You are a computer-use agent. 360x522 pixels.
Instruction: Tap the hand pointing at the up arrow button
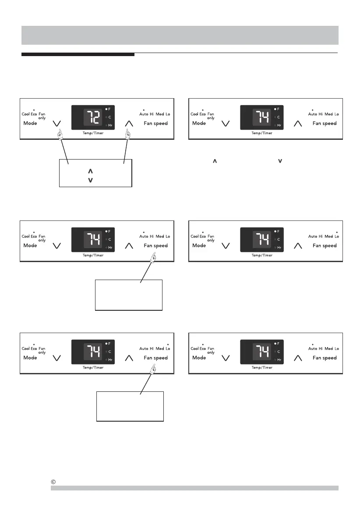[x=128, y=135]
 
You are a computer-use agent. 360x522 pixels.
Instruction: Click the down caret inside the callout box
[x=90, y=180]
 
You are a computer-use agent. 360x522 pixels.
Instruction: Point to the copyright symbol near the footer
[x=53, y=482]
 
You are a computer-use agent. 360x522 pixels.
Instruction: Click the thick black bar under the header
[x=78, y=55]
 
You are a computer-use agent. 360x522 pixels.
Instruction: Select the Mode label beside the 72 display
[x=30, y=123]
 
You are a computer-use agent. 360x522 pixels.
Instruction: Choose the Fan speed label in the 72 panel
[x=155, y=123]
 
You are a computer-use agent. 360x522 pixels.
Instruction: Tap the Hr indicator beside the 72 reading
[x=109, y=125]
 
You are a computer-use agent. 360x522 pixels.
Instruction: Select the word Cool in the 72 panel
[x=26, y=114]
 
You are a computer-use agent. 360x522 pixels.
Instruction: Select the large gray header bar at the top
[x=180, y=35]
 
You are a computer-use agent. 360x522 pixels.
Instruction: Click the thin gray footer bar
[x=194, y=488]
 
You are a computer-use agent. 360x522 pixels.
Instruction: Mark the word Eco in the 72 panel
[x=34, y=114]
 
